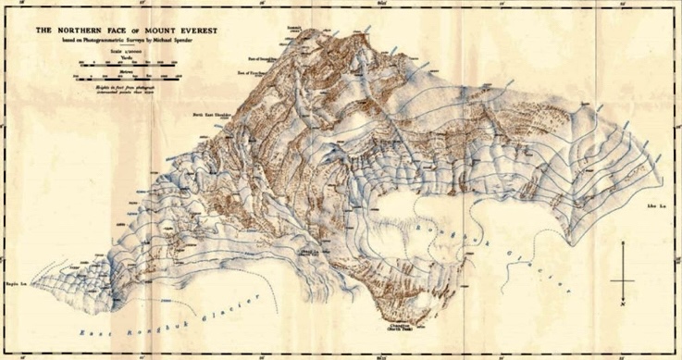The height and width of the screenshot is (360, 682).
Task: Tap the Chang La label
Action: tap(309, 250)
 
